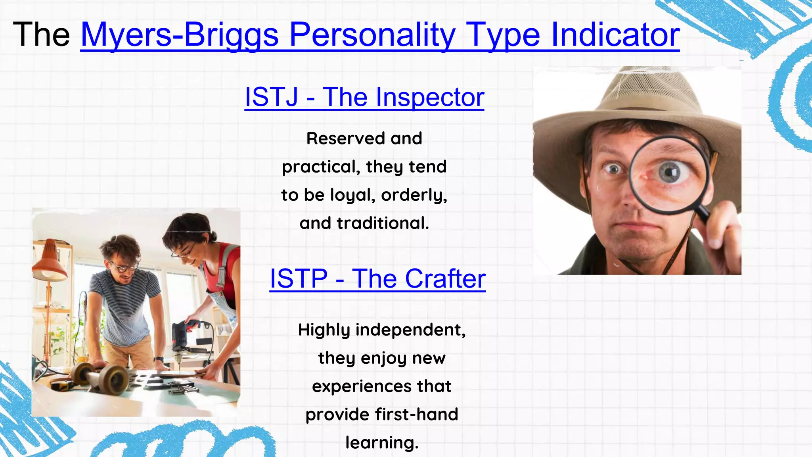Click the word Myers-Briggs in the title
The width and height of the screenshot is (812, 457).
point(180,35)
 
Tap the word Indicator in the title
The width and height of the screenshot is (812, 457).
point(615,35)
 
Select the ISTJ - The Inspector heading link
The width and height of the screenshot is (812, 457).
point(364,97)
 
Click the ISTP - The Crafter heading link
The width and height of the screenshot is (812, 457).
point(377,278)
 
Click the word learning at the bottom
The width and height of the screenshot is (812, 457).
point(381,443)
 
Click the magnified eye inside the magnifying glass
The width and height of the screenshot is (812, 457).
point(670,173)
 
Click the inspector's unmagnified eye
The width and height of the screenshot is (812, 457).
point(613,170)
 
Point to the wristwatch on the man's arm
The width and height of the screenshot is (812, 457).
point(159,359)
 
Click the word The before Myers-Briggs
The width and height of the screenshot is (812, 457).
point(41,35)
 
